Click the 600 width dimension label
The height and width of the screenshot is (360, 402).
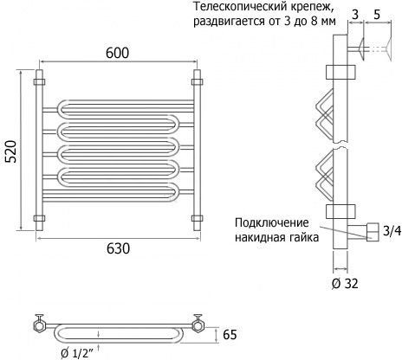(117, 53)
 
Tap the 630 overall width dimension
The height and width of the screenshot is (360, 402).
(118, 248)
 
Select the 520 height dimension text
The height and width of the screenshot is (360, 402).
(12, 151)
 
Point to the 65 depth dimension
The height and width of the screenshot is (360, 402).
(230, 335)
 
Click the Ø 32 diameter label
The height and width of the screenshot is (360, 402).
(345, 284)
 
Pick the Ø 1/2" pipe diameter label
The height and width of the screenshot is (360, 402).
(77, 353)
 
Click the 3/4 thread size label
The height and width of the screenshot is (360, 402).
(392, 231)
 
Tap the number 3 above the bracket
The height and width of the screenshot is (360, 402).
(355, 15)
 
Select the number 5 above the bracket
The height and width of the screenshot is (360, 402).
(377, 15)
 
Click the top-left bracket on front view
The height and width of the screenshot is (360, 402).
(40, 82)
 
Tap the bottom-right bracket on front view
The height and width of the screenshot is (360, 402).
(197, 218)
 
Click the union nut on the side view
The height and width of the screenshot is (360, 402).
(373, 232)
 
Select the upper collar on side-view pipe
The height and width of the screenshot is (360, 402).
(340, 72)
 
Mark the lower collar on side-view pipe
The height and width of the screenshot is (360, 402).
(340, 211)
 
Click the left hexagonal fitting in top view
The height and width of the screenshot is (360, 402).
(39, 326)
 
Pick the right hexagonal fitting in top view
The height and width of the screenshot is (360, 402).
(198, 326)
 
